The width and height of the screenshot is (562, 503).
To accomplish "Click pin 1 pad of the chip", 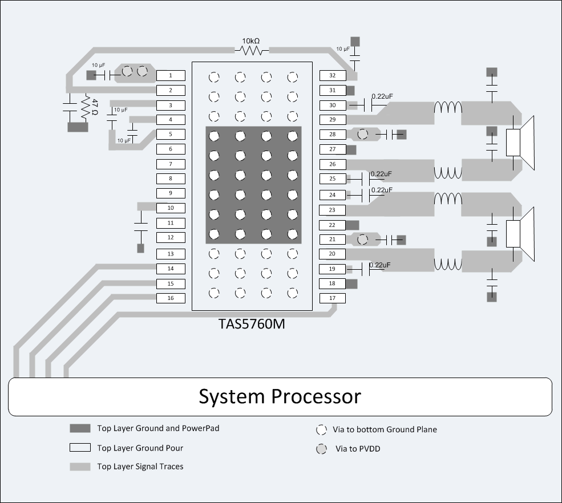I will (x=171, y=75).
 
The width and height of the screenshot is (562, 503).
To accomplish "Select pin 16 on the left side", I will (x=171, y=298).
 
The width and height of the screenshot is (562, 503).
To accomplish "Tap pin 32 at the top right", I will (x=333, y=75).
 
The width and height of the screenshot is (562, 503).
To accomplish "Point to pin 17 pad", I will (x=333, y=298).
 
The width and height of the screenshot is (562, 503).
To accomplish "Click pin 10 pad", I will (x=171, y=209).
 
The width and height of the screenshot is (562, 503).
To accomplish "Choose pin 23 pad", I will (x=333, y=210).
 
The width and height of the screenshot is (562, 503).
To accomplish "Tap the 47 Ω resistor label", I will (x=95, y=107).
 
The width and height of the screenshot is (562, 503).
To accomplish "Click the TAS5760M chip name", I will (x=252, y=324).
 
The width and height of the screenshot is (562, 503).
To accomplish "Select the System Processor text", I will (x=280, y=396).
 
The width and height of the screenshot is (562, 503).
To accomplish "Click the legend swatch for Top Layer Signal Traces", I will (x=80, y=467).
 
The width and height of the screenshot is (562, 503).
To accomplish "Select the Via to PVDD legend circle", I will (x=322, y=449).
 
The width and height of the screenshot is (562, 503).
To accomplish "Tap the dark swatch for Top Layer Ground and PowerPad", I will (x=80, y=428).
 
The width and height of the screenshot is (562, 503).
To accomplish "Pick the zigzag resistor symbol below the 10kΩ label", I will (x=252, y=51).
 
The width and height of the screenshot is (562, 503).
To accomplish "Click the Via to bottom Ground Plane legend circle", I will (x=322, y=429).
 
